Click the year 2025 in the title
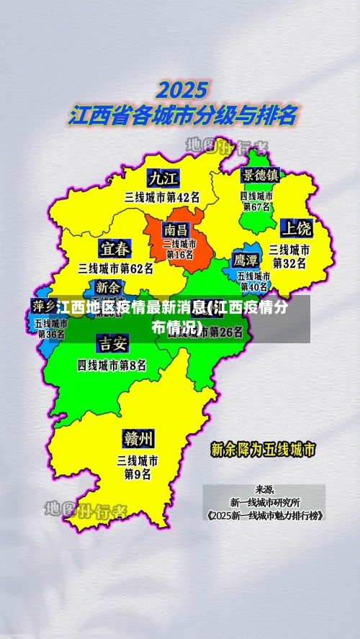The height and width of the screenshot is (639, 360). pos(183,91)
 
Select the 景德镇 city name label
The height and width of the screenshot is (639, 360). pos(260,175)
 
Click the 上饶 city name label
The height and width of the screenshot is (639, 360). pos(296,229)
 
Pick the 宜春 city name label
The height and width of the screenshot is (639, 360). pos(115,249)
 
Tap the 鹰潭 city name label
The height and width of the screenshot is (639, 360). pos(246,260)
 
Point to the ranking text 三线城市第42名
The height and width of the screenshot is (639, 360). pos(162,196)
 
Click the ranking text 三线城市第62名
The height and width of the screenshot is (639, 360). pos(116,269)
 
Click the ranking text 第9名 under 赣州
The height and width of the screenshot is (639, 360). pos(138,474)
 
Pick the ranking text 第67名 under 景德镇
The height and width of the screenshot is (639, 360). pos(257,207)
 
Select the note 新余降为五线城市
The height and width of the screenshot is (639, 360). pos(263,450)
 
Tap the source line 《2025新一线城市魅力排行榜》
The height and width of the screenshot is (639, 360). pos(264,515)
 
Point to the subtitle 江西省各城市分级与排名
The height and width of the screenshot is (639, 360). pos(182,115)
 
